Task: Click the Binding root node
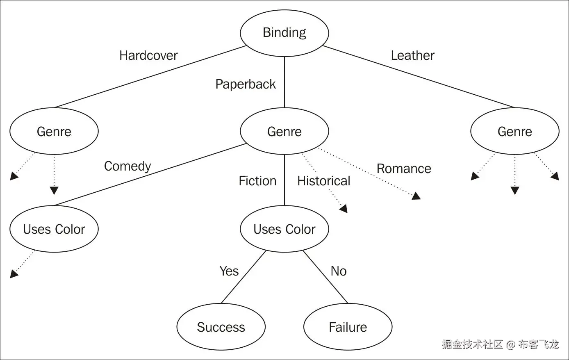pyautogui.click(x=284, y=33)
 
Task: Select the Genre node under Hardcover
pyautogui.click(x=54, y=132)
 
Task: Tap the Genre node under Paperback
pyautogui.click(x=284, y=132)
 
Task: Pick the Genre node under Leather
pyautogui.click(x=514, y=132)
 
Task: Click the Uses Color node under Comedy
pyautogui.click(x=54, y=229)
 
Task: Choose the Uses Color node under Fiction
pyautogui.click(x=284, y=229)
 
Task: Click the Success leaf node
pyautogui.click(x=221, y=327)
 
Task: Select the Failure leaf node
pyautogui.click(x=348, y=327)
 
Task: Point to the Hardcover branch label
pyautogui.click(x=148, y=55)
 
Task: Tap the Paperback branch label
pyautogui.click(x=246, y=84)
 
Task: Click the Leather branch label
pyautogui.click(x=412, y=55)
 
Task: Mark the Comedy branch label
pyautogui.click(x=127, y=166)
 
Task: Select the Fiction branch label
pyautogui.click(x=257, y=181)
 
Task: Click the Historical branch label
pyautogui.click(x=323, y=181)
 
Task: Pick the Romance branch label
pyautogui.click(x=404, y=169)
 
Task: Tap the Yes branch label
pyautogui.click(x=229, y=271)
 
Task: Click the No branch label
pyautogui.click(x=339, y=271)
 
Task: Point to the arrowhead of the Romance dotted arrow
pyautogui.click(x=416, y=196)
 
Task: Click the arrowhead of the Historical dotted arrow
pyautogui.click(x=344, y=209)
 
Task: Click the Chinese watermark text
pyautogui.click(x=500, y=344)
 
